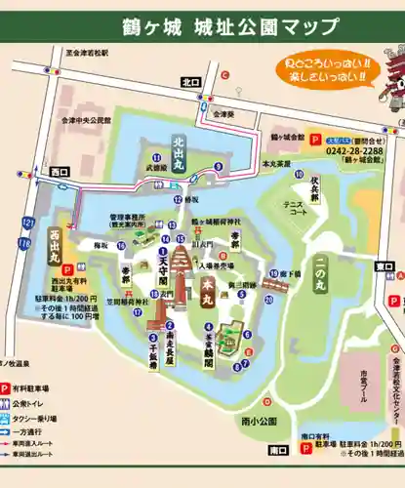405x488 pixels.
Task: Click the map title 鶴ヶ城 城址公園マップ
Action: pyautogui.click(x=230, y=25)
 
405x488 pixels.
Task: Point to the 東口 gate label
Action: pyautogui.click(x=385, y=264)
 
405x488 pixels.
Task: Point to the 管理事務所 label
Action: pyautogui.click(x=128, y=216)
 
